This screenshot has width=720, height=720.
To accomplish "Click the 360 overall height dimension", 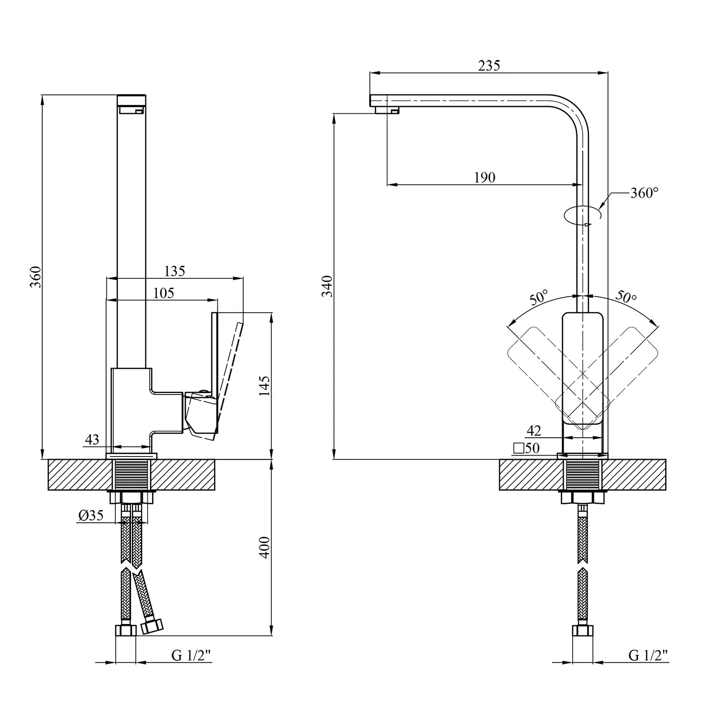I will click(x=35, y=277).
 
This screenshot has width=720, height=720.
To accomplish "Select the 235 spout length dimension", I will click(x=489, y=65).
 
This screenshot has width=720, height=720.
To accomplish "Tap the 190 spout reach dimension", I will click(x=484, y=178).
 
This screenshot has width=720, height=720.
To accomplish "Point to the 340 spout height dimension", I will click(x=327, y=286).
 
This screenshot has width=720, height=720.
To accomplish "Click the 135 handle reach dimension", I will click(x=174, y=271).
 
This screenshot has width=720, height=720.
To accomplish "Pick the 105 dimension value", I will click(x=164, y=293).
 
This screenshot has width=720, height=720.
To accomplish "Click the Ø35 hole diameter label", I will click(x=91, y=516).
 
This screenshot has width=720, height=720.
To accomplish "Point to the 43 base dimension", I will click(x=92, y=439).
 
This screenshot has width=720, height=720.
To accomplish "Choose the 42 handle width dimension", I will click(x=534, y=431).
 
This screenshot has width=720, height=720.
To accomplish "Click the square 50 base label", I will click(x=527, y=448).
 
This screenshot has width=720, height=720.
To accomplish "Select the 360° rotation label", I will click(x=644, y=193).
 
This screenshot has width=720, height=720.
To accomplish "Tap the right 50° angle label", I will click(x=626, y=297).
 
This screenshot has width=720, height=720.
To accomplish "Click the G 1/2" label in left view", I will click(x=192, y=656).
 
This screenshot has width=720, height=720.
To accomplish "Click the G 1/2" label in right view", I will click(x=648, y=656).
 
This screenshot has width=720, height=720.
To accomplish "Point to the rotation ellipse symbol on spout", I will click(x=582, y=215).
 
